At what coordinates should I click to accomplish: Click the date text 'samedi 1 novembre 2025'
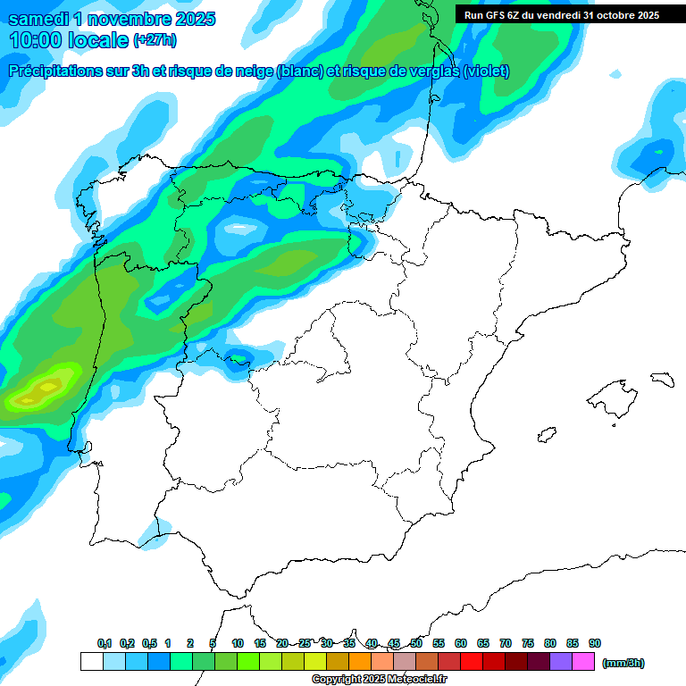tap(111, 19)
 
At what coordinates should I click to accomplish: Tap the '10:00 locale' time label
tap(69, 40)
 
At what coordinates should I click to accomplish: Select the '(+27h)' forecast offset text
tap(155, 41)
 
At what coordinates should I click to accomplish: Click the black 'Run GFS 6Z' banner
tap(561, 14)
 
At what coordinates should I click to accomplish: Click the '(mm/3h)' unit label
tap(623, 663)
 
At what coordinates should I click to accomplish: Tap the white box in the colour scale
tap(91, 662)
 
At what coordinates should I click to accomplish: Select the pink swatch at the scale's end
tap(583, 662)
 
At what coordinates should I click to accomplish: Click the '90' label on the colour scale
tap(595, 643)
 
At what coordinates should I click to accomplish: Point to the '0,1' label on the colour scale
tap(105, 643)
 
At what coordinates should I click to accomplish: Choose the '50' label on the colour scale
tap(416, 643)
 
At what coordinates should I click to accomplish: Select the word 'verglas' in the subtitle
tap(430, 71)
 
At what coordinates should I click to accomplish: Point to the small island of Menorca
tap(662, 379)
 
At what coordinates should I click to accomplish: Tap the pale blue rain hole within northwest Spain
tap(238, 228)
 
